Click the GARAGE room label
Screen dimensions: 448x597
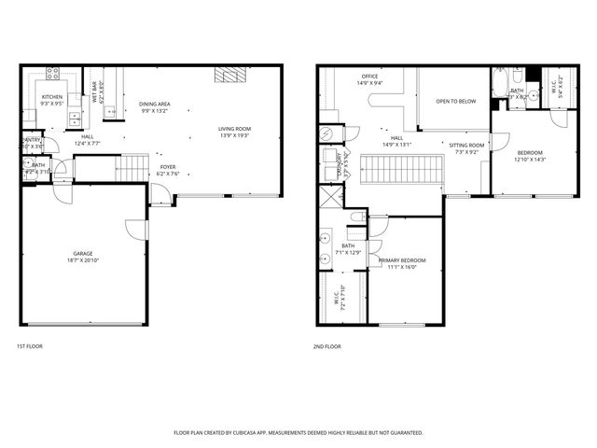[x=82, y=253]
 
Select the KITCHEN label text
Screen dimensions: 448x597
[x=51, y=97]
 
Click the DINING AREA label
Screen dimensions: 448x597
[x=155, y=104]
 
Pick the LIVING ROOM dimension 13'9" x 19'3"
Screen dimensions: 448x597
[x=236, y=136]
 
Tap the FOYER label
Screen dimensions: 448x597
[x=167, y=166]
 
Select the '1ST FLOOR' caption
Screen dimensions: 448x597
[x=29, y=346]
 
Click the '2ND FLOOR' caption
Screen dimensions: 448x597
[x=327, y=346]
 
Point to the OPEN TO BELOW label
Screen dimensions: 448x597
[x=456, y=101]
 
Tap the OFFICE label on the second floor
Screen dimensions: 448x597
[x=369, y=76]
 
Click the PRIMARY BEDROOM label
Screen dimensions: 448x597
[x=402, y=260]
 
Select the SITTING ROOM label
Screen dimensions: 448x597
[x=466, y=146]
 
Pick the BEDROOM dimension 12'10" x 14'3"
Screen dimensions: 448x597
[x=529, y=159]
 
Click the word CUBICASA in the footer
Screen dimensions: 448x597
[x=244, y=432]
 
